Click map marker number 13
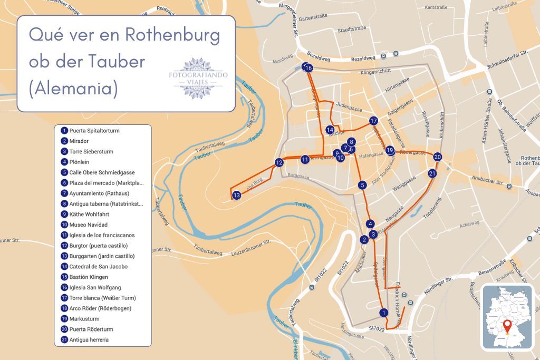pyautogui.click(x=237, y=196)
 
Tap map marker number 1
pyautogui.click(x=384, y=313)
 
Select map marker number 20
pyautogui.click(x=437, y=157)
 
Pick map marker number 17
pyautogui.click(x=373, y=121)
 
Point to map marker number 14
pyautogui.click(x=330, y=130)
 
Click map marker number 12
pyautogui.click(x=279, y=162)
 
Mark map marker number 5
pyautogui.click(x=362, y=185)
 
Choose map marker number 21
pyautogui.click(x=432, y=173)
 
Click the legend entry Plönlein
pyautogui.click(x=79, y=162)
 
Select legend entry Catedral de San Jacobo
pyautogui.click(x=98, y=267)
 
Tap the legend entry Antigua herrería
pyautogui.click(x=89, y=340)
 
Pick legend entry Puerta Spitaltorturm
pyautogui.click(x=94, y=131)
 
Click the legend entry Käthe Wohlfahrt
pyautogui.click(x=88, y=215)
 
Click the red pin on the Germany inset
pyautogui.click(x=507, y=325)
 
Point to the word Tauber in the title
pyautogui.click(x=113, y=61)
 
